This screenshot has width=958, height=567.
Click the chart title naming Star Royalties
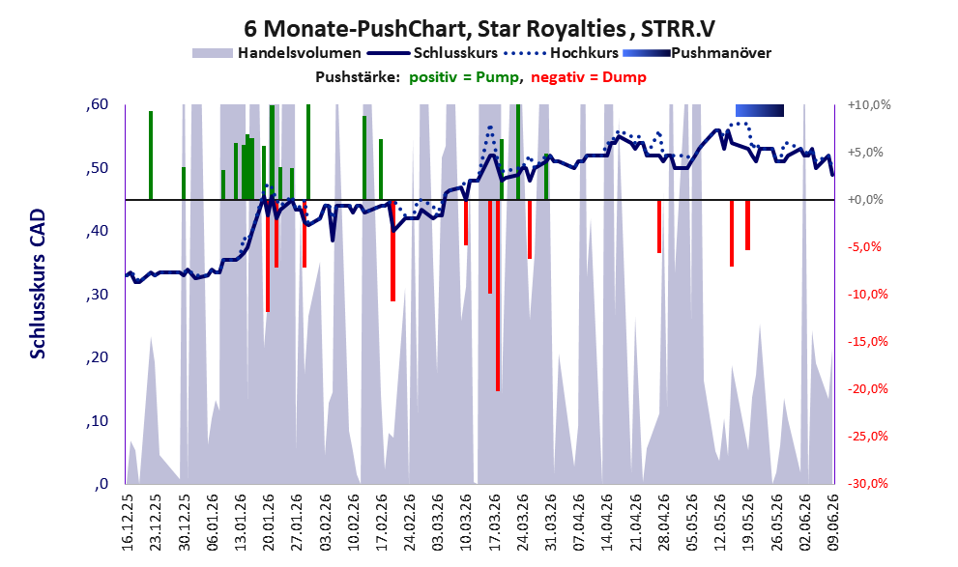click(479, 28)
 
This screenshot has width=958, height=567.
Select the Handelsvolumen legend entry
click(276, 53)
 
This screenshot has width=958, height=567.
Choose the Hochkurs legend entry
click(561, 53)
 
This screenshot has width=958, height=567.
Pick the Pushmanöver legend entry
click(697, 53)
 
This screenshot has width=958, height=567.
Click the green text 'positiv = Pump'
click(464, 77)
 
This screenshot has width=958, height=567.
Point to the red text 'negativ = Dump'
click(589, 77)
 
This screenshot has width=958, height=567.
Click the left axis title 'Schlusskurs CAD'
click(38, 284)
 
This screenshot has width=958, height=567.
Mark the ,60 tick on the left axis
click(98, 104)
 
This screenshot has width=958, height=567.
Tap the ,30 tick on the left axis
click(98, 295)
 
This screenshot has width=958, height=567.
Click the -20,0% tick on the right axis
click(867, 388)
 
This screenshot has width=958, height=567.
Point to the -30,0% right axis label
click(867, 483)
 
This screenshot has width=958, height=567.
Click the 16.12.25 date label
click(127, 522)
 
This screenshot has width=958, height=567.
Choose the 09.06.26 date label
click(832, 522)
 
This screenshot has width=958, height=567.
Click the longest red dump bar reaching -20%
click(498, 296)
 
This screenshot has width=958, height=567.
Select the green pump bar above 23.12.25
click(151, 155)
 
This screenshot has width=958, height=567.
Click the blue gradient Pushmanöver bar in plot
click(760, 110)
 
